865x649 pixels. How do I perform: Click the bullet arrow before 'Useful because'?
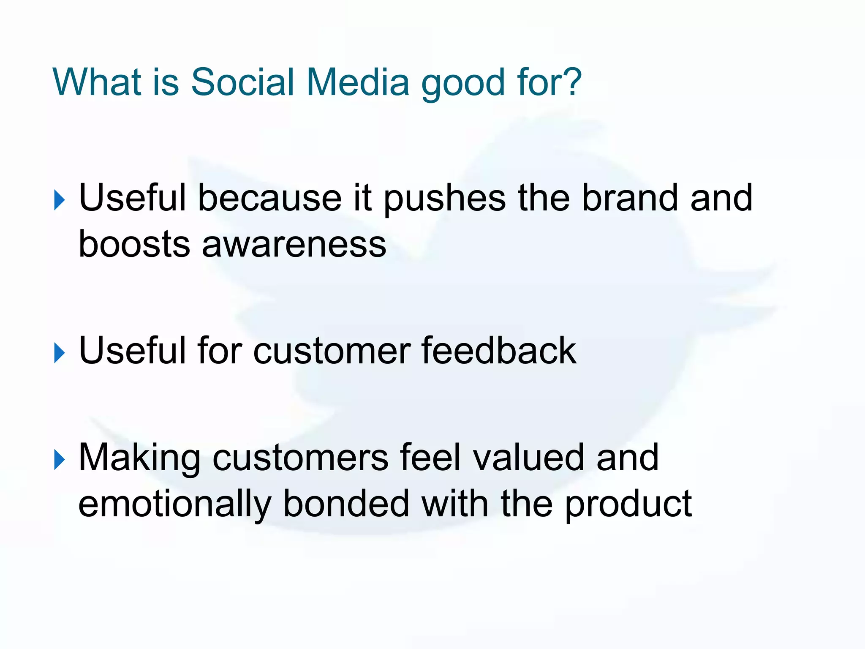pos(60,200)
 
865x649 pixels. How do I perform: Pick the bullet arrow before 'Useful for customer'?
pos(60,353)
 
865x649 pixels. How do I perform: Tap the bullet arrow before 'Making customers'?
pos(60,460)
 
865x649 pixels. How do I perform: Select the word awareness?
pos(294,245)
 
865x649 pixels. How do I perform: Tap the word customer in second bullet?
pos(332,351)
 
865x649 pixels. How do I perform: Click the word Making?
pos(139,459)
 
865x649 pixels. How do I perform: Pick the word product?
pos(628,505)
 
